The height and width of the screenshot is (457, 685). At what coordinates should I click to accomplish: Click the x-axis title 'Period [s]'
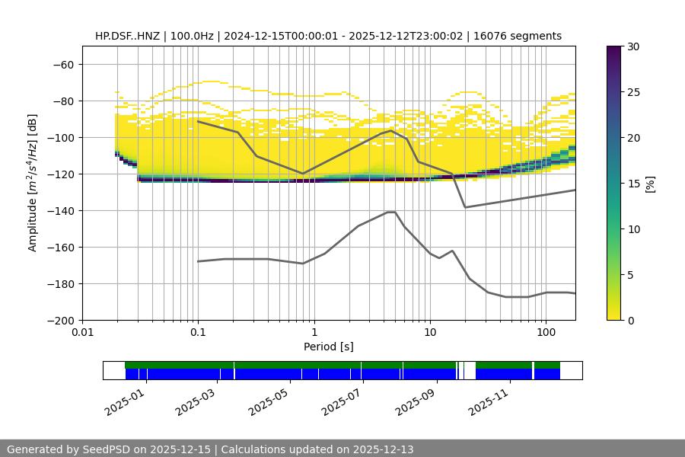[328, 347]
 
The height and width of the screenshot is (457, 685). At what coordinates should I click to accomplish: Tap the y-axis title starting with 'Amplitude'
[33, 184]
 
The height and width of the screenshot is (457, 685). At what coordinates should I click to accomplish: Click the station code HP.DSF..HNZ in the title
[129, 36]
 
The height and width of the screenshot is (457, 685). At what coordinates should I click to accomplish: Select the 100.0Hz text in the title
[193, 36]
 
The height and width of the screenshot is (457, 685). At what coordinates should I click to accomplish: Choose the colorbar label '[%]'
[650, 184]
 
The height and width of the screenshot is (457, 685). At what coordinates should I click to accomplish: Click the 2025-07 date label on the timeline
[341, 399]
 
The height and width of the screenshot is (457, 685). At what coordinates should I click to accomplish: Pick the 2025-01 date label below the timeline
[123, 399]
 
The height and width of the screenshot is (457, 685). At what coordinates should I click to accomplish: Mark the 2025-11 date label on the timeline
[488, 399]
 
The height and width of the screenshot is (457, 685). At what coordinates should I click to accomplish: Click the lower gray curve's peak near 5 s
[391, 212]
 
